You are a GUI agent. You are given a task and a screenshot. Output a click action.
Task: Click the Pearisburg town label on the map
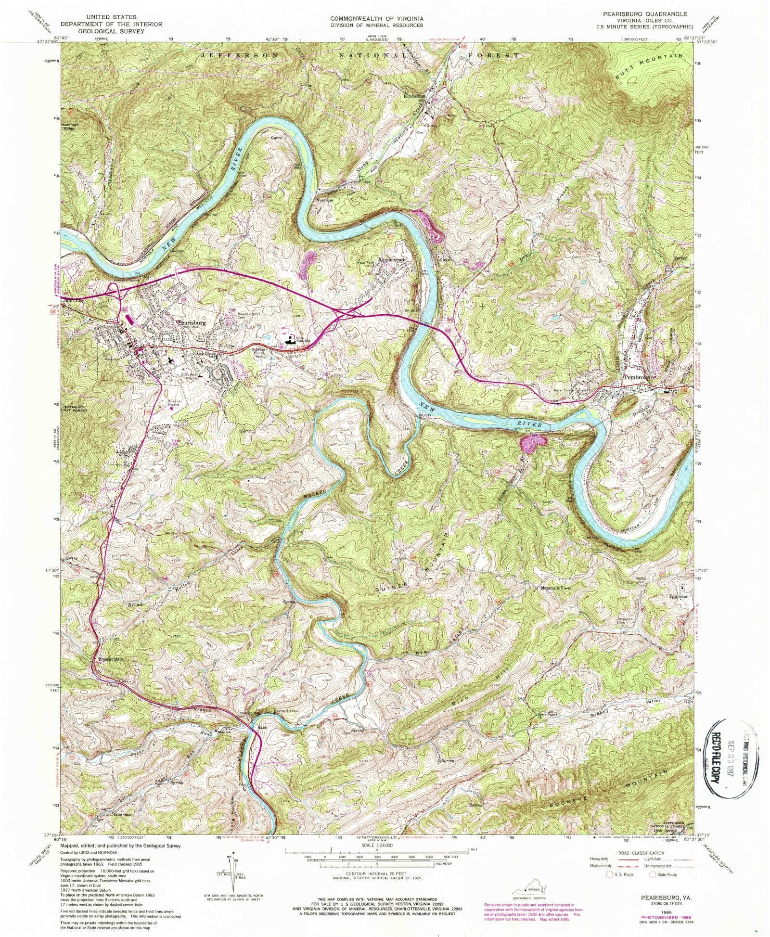coord(192,322)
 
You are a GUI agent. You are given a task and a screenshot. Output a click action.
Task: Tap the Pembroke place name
coord(638,377)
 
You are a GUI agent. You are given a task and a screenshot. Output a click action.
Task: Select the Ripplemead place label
coord(392,259)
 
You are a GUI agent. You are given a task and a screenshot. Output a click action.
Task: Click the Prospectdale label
coord(111,659)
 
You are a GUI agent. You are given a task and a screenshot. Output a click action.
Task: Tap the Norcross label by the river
coord(324,200)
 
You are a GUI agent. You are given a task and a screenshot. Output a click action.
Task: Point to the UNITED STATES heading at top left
coord(111,17)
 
